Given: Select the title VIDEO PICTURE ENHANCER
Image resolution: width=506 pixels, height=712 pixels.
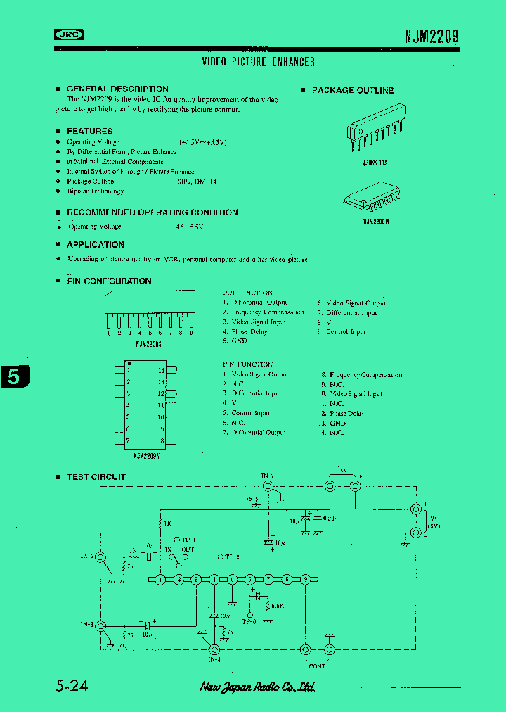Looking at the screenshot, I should [x=258, y=62].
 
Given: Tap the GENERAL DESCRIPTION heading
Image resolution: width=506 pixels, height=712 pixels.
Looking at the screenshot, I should [x=117, y=89].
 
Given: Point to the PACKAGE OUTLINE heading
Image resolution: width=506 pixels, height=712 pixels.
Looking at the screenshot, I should [x=352, y=91].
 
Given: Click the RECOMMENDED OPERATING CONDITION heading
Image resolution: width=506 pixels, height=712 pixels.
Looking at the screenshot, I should [x=152, y=212].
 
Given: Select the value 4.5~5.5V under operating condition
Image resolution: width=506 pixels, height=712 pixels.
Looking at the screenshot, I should [x=194, y=227].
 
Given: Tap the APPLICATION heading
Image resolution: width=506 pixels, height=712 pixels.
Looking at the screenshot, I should [x=95, y=245].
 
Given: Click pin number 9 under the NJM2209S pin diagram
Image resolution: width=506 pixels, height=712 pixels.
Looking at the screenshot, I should [x=191, y=333].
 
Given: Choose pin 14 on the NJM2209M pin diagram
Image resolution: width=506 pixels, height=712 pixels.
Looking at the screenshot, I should [x=162, y=370].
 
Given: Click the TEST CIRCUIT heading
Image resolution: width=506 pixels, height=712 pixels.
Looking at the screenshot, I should [x=96, y=477].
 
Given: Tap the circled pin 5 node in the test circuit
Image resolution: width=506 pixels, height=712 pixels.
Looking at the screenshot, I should [x=232, y=579].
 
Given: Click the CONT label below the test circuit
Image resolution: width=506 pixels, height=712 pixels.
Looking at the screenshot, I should [x=317, y=666].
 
